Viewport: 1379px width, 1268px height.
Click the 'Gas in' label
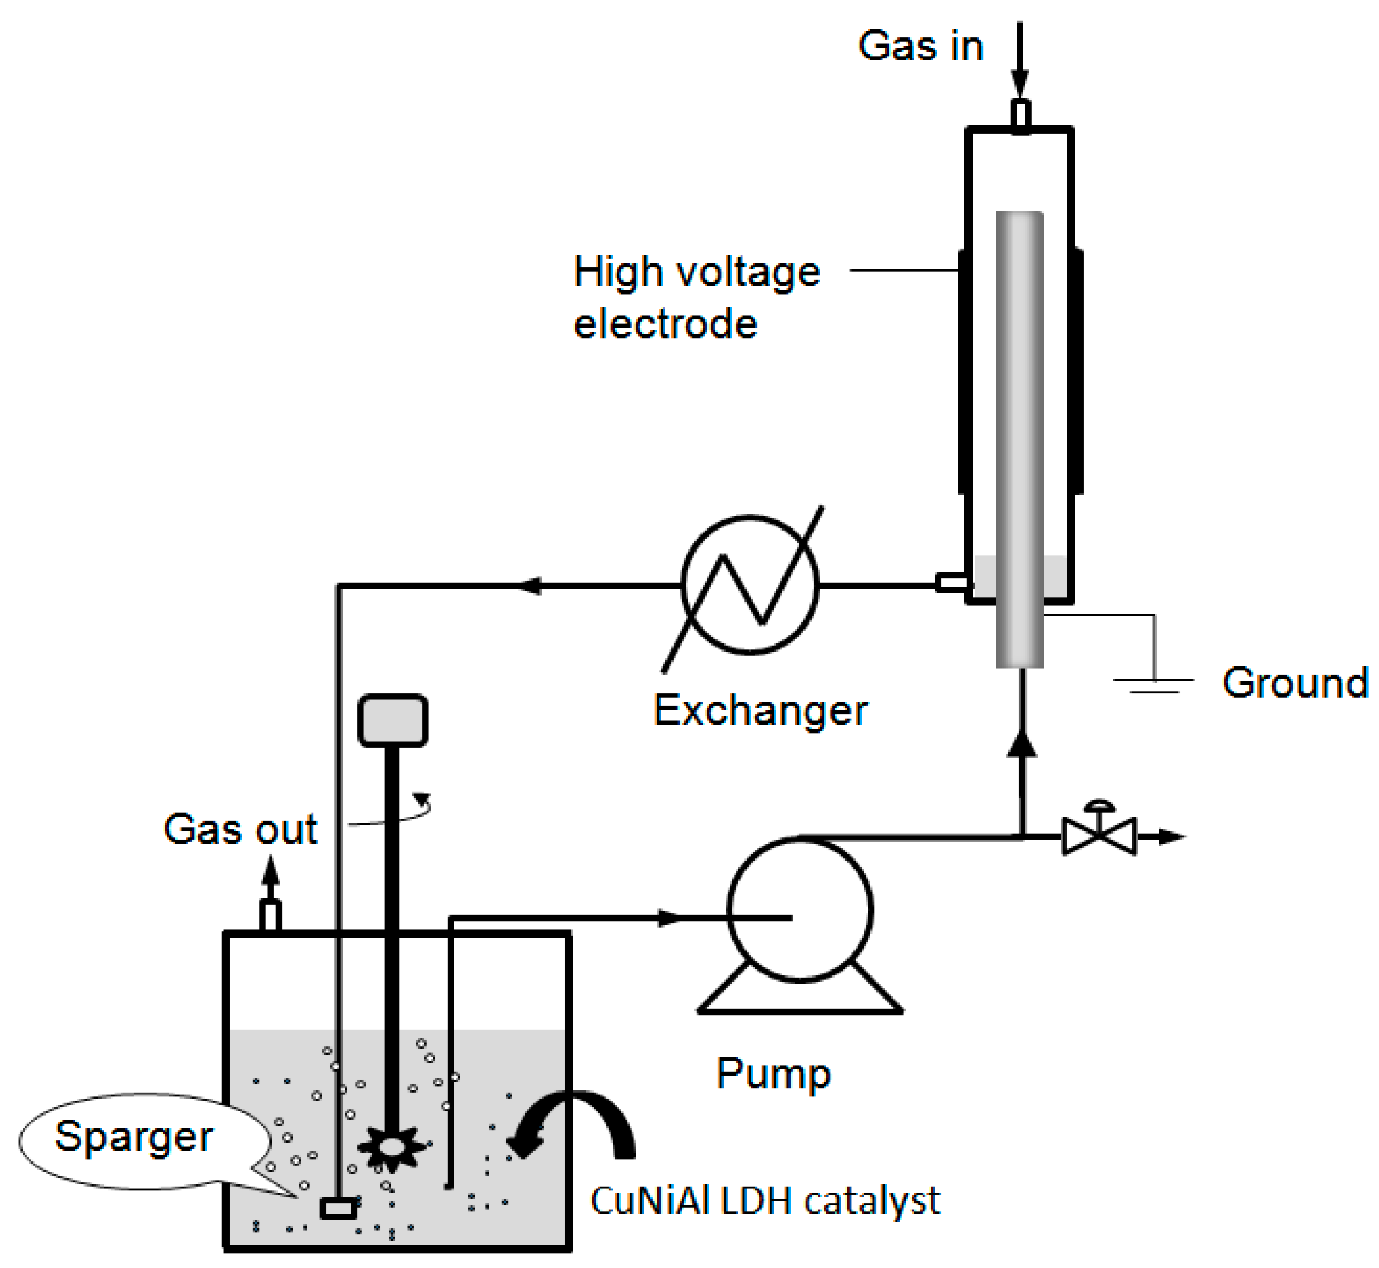click(920, 47)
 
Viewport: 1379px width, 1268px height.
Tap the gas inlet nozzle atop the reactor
click(1021, 115)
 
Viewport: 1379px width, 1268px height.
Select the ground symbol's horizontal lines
click(1154, 685)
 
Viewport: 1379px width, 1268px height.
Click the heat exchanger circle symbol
click(750, 585)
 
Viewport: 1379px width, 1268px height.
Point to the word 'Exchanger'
click(760, 710)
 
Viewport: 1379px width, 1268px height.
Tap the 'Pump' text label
click(773, 1073)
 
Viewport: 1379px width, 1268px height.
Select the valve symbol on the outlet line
click(1099, 835)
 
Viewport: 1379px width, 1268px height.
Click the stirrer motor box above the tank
click(393, 720)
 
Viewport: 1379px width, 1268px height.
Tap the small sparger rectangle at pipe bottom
click(339, 1208)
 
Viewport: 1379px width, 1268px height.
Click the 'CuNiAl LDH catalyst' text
click(765, 1201)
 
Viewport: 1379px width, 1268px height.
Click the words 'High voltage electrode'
click(696, 297)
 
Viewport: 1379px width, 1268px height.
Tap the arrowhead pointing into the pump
click(669, 918)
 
